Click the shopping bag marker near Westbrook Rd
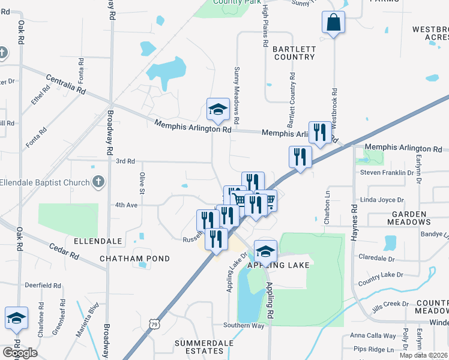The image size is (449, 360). (333, 24)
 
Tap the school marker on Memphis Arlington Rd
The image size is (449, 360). (218, 110)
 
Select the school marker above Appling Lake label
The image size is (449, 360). (265, 251)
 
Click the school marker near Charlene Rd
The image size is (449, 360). (16, 319)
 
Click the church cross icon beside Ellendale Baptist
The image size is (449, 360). (99, 182)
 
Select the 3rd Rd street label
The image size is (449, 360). (125, 161)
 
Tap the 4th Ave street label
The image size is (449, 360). (127, 205)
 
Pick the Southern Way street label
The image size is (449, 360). (244, 325)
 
